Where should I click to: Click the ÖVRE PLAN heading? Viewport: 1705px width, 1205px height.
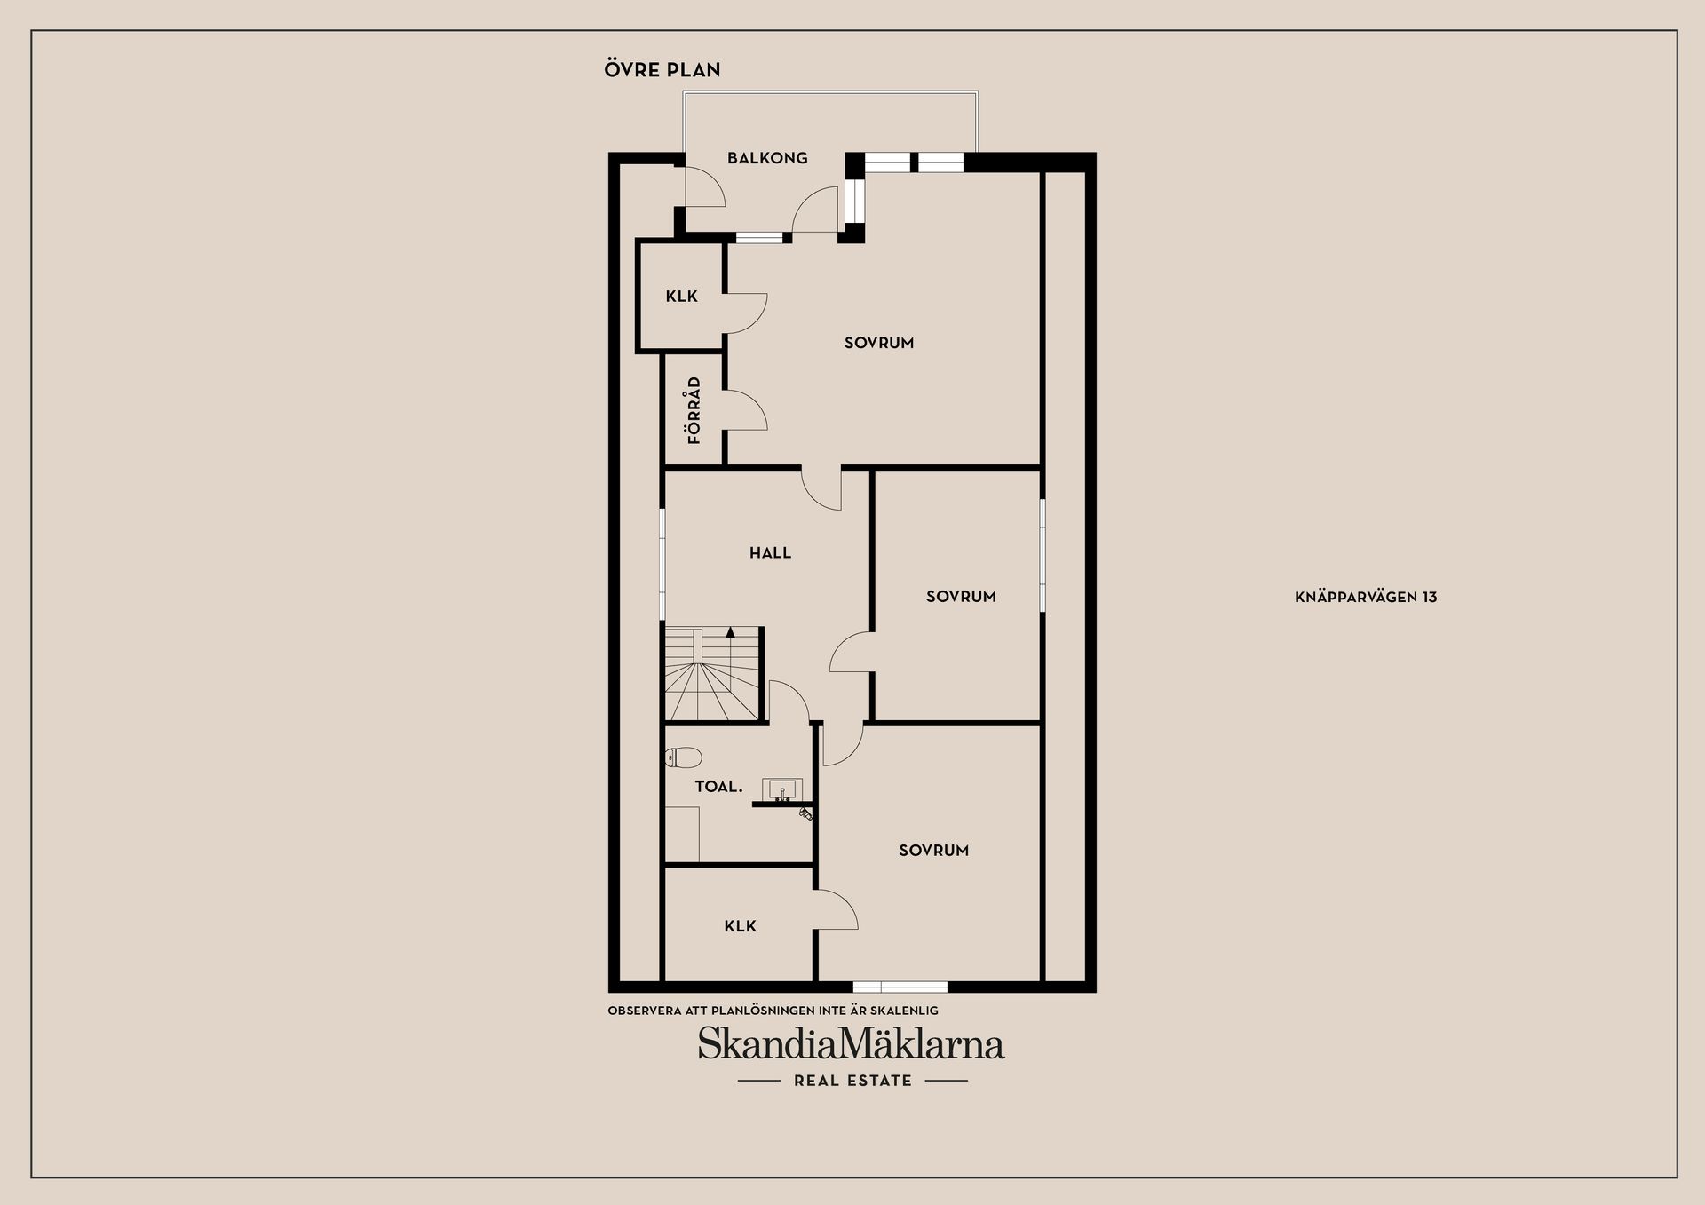pyautogui.click(x=662, y=69)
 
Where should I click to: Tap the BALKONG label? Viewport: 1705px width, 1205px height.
pyautogui.click(x=767, y=158)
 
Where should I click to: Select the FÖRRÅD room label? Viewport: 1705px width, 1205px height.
pyautogui.click(x=694, y=410)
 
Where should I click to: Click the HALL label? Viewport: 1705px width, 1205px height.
pyautogui.click(x=770, y=552)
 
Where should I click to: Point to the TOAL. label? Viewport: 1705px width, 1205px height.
pyautogui.click(x=718, y=786)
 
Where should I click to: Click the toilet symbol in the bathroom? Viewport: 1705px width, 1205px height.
pyautogui.click(x=683, y=757)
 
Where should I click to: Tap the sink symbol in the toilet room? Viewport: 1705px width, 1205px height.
pyautogui.click(x=782, y=789)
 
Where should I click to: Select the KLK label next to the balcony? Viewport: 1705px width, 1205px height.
pyautogui.click(x=682, y=297)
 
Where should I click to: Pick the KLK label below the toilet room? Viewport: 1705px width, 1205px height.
pyautogui.click(x=741, y=926)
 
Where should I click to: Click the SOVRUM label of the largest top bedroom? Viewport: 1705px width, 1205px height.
pyautogui.click(x=879, y=343)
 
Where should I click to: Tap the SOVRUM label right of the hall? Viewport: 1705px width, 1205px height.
pyautogui.click(x=961, y=597)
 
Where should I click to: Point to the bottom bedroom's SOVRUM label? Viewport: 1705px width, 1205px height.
pyautogui.click(x=933, y=851)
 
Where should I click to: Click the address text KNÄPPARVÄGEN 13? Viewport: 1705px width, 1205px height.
pyautogui.click(x=1366, y=598)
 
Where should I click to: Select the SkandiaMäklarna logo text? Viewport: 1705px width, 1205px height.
pyautogui.click(x=851, y=1043)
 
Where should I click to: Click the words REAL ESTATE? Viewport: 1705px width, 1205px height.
pyautogui.click(x=852, y=1081)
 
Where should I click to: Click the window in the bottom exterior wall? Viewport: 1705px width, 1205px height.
pyautogui.click(x=900, y=987)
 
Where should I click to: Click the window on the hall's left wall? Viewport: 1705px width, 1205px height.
pyautogui.click(x=662, y=564)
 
